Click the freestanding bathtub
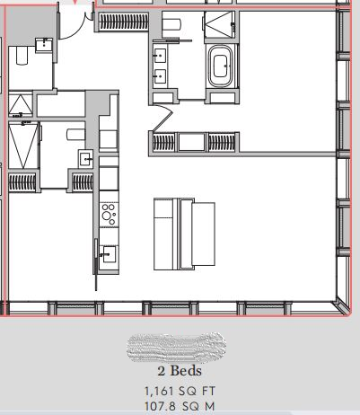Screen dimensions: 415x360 click(220, 70)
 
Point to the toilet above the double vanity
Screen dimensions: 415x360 click(172, 24)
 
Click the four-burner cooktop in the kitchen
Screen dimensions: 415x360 click(109, 213)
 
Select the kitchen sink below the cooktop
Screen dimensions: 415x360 click(109, 252)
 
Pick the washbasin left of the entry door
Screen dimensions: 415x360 click(43, 42)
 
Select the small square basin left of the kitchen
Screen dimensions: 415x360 click(87, 159)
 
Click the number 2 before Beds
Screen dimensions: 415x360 click(161, 370)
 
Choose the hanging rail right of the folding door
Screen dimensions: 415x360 click(221, 141)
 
